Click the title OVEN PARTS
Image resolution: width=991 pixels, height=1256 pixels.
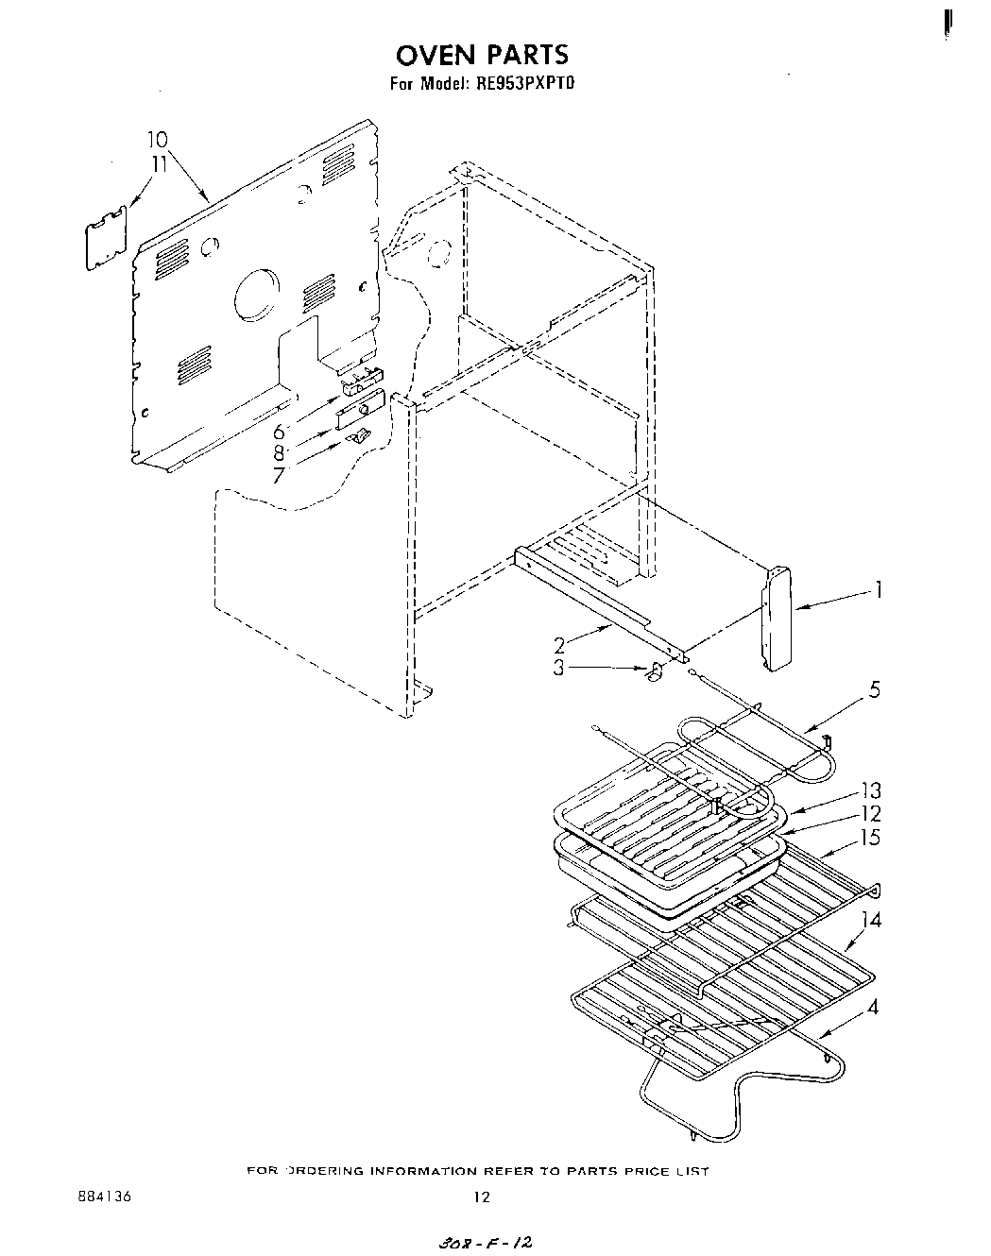click(483, 54)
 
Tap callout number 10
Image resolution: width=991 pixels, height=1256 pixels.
click(157, 141)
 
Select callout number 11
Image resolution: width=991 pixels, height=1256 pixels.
click(158, 163)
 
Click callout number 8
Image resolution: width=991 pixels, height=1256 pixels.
click(279, 454)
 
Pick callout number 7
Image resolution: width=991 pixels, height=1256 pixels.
click(279, 476)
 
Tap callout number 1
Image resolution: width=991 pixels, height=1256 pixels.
click(880, 592)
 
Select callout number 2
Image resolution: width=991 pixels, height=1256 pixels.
click(559, 645)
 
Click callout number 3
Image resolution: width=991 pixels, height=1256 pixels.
click(559, 668)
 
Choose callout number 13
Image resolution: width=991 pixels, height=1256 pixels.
click(871, 791)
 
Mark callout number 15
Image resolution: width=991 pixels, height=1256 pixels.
click(871, 837)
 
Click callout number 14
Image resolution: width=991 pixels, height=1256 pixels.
click(871, 918)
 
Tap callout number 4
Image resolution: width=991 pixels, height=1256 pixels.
click(873, 1008)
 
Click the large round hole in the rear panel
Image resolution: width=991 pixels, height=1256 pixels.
click(256, 296)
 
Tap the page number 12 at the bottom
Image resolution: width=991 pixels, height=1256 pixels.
click(482, 1197)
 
